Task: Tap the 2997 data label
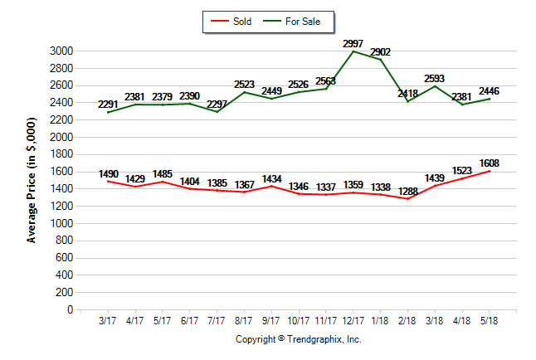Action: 354,42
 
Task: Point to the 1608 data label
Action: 490,163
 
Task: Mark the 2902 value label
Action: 381,51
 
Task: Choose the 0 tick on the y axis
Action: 71,310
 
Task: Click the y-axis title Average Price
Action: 32,181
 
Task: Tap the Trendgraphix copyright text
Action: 299,339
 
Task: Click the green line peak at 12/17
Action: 354,51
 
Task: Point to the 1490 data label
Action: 108,174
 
